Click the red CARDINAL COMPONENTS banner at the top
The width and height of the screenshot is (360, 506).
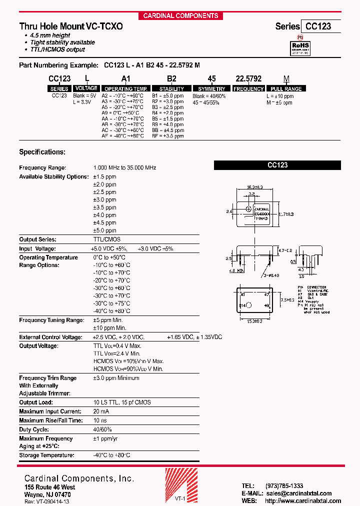coord(180,15)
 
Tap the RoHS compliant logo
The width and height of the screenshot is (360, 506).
coord(300,47)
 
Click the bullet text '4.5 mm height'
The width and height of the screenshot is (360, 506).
coord(50,35)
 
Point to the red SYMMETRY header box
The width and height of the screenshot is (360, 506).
coord(211,89)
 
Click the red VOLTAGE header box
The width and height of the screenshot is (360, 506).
coord(86,88)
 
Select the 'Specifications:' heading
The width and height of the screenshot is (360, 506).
coord(42,152)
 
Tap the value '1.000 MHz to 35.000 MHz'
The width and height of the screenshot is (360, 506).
coord(124,168)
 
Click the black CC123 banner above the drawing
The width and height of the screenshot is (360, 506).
coord(277,165)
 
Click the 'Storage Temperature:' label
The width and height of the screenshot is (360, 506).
coord(46,455)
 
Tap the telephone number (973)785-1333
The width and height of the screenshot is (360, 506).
coord(284,486)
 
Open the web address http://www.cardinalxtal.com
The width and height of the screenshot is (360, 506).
coord(303,501)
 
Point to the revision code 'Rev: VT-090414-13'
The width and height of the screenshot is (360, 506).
coord(47,501)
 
